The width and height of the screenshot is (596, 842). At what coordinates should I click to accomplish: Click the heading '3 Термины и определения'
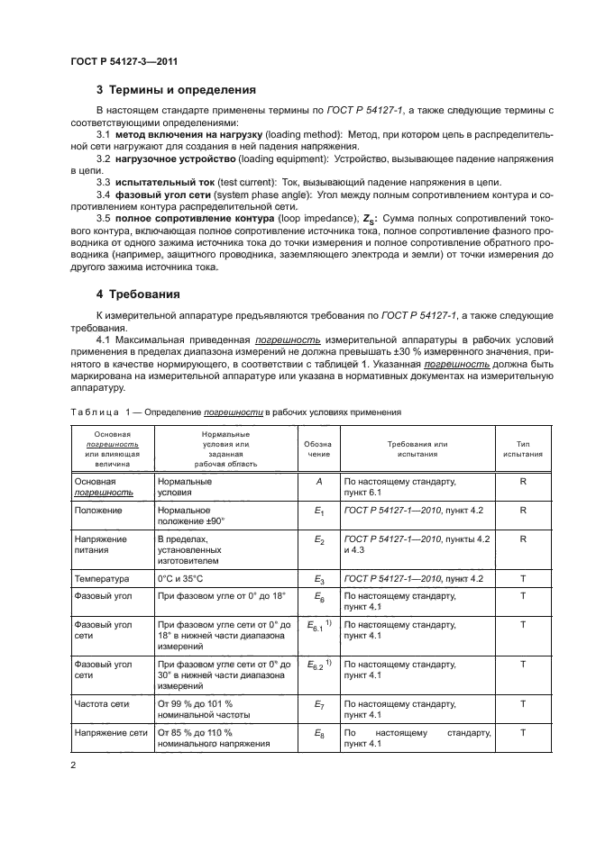176,90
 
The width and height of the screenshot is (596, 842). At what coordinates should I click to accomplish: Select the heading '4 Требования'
137,294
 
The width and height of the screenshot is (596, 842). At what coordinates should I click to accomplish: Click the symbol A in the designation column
317,482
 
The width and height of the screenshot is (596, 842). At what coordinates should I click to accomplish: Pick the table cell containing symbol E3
317,578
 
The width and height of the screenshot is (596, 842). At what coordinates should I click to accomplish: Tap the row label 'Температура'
102,578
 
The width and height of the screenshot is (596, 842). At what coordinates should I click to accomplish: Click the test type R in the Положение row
522,510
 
